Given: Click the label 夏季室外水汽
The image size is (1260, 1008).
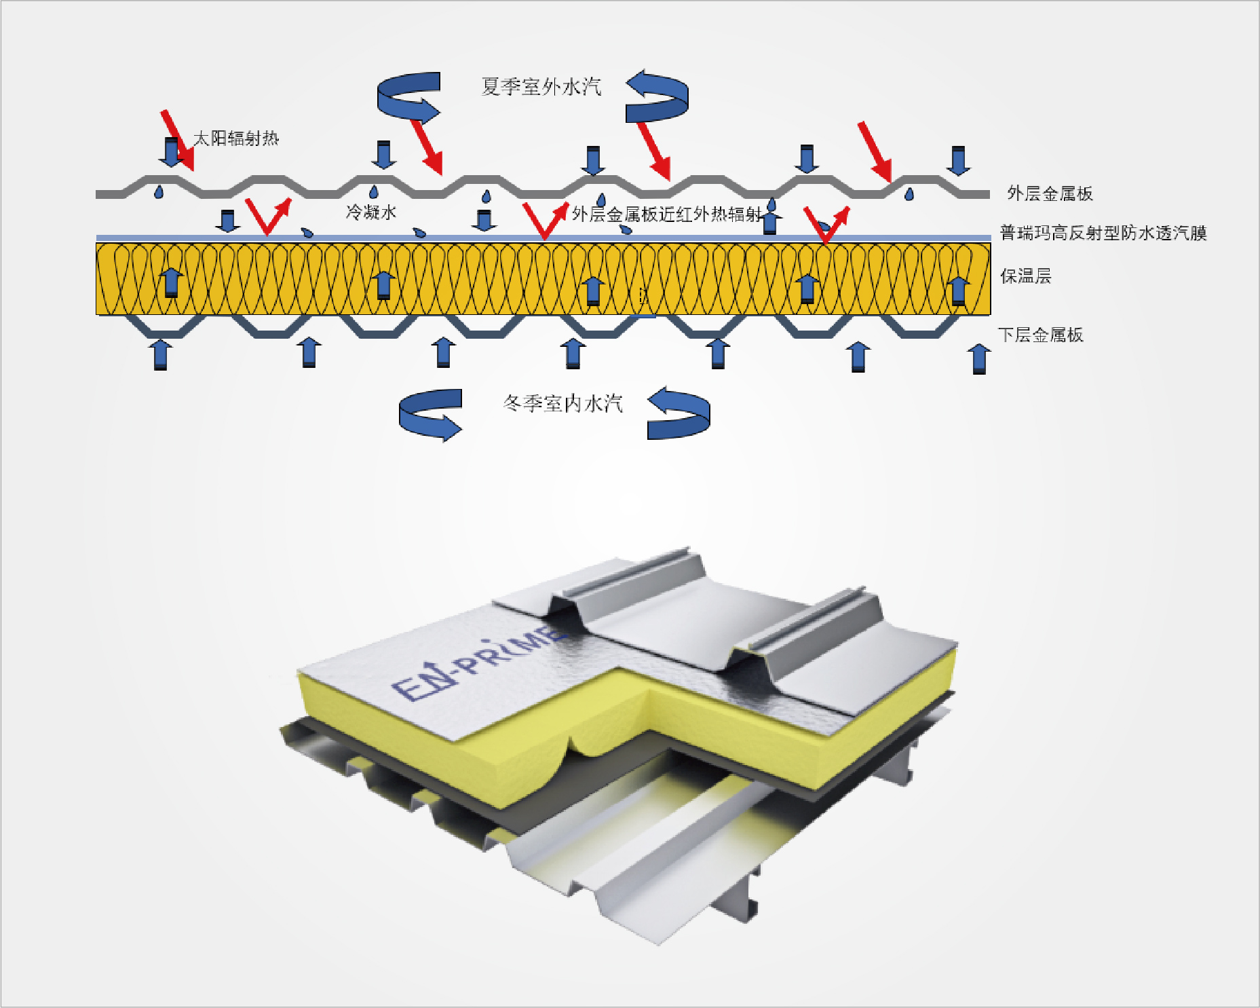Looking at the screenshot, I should (x=541, y=87).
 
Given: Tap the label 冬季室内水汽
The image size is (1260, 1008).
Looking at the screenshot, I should (x=562, y=404).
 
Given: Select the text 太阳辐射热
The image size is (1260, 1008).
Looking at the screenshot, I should (x=235, y=138).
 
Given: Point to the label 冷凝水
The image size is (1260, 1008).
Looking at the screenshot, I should (x=370, y=212).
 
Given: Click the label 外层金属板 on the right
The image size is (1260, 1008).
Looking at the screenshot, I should (x=1050, y=193).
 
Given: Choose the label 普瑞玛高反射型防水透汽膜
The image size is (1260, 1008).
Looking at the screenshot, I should (x=1103, y=233).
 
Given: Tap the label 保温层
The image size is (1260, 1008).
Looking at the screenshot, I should (x=1025, y=276).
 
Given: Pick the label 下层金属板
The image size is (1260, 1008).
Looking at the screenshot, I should (x=1040, y=335).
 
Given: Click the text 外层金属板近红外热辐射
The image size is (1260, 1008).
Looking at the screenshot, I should (x=666, y=214).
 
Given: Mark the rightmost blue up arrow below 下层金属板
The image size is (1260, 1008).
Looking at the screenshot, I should (x=978, y=358).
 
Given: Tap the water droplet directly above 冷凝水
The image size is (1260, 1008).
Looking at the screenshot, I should (x=373, y=192).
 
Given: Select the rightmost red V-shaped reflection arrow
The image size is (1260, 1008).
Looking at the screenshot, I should (x=826, y=225).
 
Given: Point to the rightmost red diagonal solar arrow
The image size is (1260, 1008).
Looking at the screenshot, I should (x=875, y=151).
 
